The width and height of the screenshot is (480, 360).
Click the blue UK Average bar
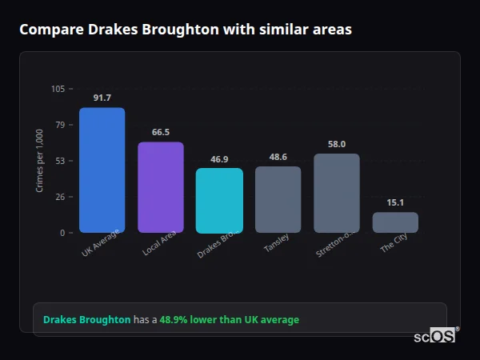click(x=102, y=170)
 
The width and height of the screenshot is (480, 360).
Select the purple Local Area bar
click(x=161, y=187)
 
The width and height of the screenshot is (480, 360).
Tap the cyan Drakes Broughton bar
click(x=219, y=200)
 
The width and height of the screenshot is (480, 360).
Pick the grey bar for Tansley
click(x=278, y=199)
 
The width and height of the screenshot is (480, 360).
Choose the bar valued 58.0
click(x=337, y=193)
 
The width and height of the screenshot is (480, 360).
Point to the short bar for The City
click(x=395, y=222)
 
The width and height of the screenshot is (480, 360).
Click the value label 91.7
click(x=102, y=98)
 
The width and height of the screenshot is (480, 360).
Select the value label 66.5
click(x=161, y=132)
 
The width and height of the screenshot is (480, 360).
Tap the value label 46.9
click(x=219, y=159)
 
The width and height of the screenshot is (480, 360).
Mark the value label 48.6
click(x=278, y=157)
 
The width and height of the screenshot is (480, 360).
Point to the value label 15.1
click(x=395, y=202)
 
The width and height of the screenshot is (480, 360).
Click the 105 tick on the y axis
click(x=58, y=89)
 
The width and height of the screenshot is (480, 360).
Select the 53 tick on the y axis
click(x=61, y=161)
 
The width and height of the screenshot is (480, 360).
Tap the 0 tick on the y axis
click(x=63, y=233)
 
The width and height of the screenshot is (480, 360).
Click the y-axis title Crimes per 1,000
click(x=39, y=160)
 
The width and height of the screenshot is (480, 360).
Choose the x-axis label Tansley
click(x=276, y=244)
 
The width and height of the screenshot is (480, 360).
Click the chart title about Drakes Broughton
click(x=186, y=30)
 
